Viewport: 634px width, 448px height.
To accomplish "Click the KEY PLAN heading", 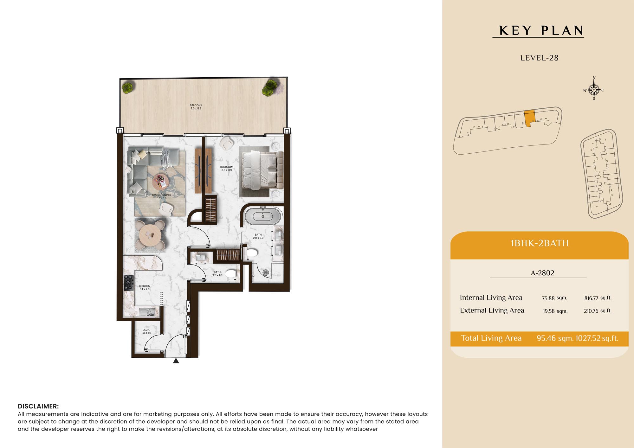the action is coord(541,31).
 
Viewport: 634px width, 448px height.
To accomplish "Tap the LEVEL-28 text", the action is coord(539,58).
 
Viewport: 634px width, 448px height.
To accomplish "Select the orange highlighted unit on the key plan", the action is coord(529,118).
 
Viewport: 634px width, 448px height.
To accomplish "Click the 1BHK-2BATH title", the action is coord(540,243).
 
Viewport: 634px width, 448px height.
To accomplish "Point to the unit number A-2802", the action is coord(542,273).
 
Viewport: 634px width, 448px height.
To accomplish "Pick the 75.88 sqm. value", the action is coord(554,298).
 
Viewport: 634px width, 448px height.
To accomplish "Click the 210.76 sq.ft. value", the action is coord(598,311).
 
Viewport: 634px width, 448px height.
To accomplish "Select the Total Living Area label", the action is coord(491,338).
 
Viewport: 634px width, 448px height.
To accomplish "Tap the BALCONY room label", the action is coord(196,107).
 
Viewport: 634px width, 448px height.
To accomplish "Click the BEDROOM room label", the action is coord(227,169).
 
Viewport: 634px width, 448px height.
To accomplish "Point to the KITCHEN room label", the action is coord(145,287).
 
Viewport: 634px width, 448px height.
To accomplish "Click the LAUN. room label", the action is coord(146,331).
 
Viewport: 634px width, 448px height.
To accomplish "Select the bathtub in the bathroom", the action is coord(263,216).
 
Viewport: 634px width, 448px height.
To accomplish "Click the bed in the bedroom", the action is coord(262,170).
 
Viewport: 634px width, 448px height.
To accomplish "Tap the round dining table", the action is coord(150,235).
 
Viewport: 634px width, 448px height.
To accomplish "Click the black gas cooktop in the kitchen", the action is coord(129,283).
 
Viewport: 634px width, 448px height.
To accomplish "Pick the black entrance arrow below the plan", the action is coord(176,361).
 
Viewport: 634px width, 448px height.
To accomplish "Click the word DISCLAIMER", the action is coord(38,406).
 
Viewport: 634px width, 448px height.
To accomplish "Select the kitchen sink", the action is coord(147,312).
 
